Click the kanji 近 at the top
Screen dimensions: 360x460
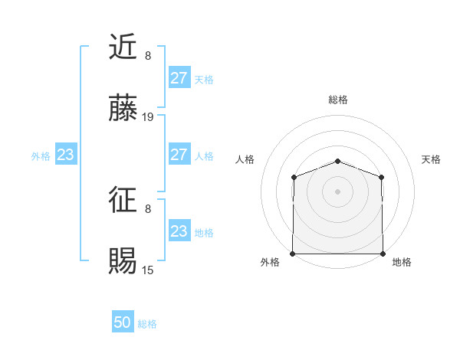(x=124, y=47)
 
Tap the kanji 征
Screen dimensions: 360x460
(x=124, y=201)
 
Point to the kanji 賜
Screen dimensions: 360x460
(x=124, y=263)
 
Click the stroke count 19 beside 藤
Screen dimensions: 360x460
(x=149, y=117)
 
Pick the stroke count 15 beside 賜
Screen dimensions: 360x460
(x=149, y=270)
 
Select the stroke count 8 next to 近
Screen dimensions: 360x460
(x=148, y=55)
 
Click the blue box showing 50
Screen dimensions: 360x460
(x=123, y=322)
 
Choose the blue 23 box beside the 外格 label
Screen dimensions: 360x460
(x=66, y=155)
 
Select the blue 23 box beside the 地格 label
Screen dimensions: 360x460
(x=179, y=231)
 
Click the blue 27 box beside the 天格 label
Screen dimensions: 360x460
(x=179, y=78)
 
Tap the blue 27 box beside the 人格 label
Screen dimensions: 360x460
(x=179, y=155)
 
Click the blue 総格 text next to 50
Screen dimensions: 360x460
(x=147, y=324)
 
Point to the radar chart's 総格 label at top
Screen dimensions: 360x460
(x=338, y=100)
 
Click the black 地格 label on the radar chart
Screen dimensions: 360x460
(x=402, y=262)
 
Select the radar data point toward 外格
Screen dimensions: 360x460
(x=293, y=254)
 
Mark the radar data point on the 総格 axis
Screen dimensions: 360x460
(x=338, y=161)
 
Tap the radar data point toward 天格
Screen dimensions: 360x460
(x=383, y=177)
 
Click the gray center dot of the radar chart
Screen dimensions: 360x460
(x=338, y=191)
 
